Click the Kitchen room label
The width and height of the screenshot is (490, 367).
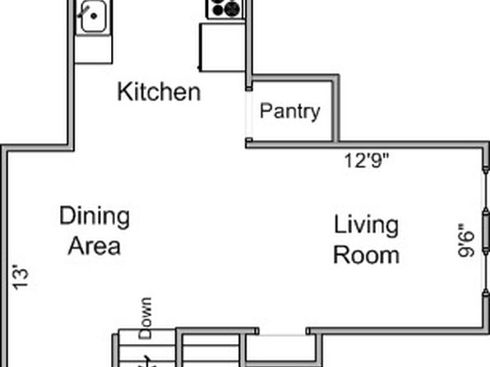[159, 91]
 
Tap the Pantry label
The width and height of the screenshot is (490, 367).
[290, 111]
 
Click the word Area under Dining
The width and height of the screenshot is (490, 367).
[95, 246]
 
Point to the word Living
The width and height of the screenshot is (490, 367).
[366, 225]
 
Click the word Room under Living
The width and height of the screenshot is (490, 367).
[366, 255]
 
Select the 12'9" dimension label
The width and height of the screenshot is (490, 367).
[366, 160]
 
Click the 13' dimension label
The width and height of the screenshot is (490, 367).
[21, 277]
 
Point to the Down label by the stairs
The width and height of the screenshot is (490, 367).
[146, 318]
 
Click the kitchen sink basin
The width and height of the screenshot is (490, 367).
[94, 16]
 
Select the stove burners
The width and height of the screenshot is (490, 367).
[224, 9]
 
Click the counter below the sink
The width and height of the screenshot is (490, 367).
[94, 49]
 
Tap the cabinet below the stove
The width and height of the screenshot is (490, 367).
[222, 48]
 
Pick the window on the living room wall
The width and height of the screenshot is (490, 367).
[486, 232]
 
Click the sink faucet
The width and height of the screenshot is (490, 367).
[84, 10]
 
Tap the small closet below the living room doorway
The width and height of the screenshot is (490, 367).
[280, 350]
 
